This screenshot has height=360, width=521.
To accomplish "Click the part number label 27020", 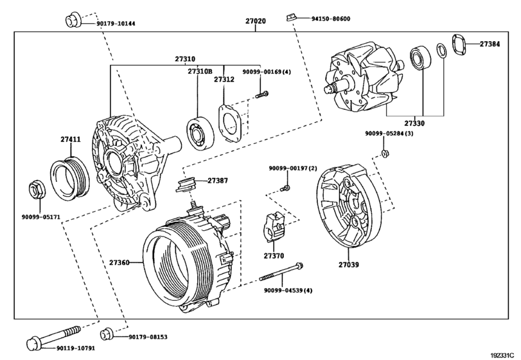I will click(255, 21).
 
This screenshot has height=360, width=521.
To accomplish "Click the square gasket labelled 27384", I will click(458, 44).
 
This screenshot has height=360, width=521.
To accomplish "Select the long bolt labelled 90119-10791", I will click(55, 337).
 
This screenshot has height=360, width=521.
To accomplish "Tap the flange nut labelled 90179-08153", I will click(108, 333).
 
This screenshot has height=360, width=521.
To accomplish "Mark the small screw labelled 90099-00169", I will click(261, 96).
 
